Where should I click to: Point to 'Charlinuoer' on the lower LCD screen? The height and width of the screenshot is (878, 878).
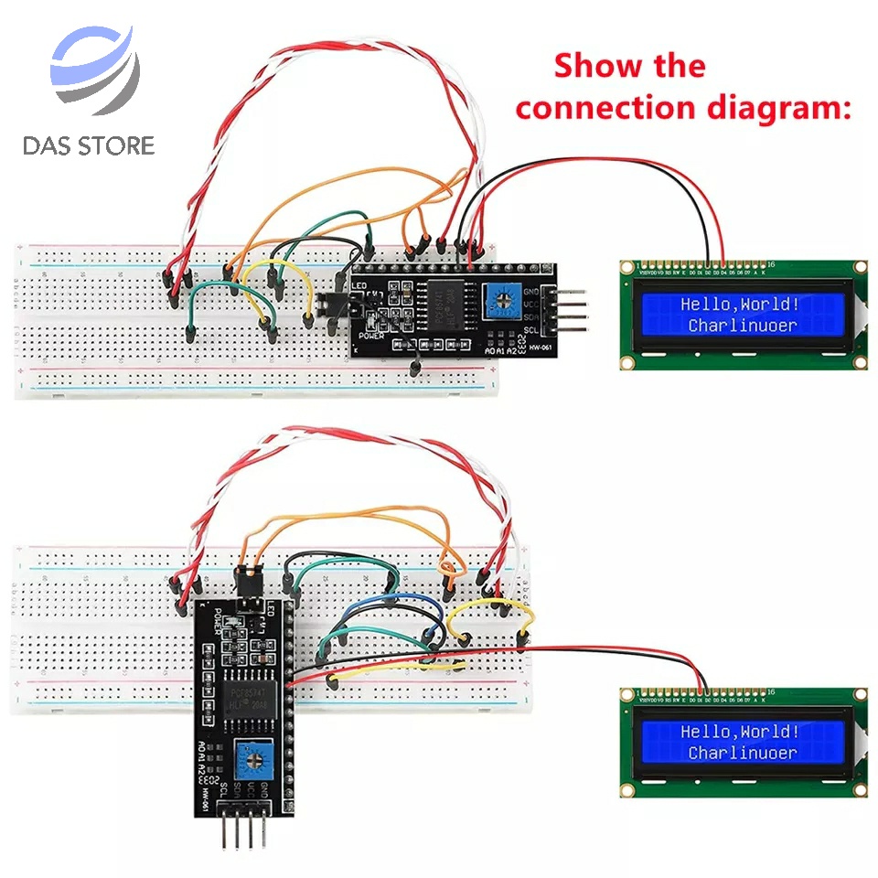click(x=742, y=753)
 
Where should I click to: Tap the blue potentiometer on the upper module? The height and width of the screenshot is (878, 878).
click(x=502, y=298)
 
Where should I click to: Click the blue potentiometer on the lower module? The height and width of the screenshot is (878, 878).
click(x=246, y=757)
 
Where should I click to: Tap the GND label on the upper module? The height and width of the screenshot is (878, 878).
click(x=530, y=292)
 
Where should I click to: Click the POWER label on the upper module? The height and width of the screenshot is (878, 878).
click(x=370, y=335)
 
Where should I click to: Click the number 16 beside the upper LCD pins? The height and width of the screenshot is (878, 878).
click(x=770, y=262)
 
